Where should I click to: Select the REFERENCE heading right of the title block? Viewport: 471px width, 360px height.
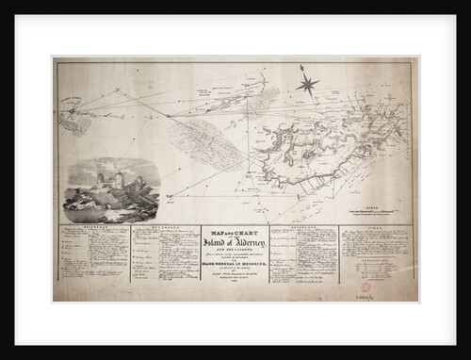302,229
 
